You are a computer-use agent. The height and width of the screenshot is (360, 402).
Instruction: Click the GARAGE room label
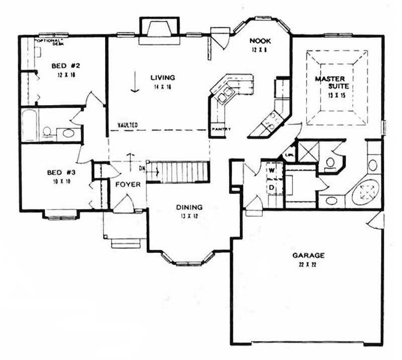point(309,255)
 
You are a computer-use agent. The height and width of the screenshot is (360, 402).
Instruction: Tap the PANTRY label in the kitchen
point(221,129)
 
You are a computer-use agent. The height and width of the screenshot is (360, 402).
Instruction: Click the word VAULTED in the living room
point(128,125)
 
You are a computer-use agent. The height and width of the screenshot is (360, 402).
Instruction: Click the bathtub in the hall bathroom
point(29,125)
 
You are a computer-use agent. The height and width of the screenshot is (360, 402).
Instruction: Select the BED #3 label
point(58,173)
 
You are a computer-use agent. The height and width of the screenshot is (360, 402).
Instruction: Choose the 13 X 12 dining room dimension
point(189,215)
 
